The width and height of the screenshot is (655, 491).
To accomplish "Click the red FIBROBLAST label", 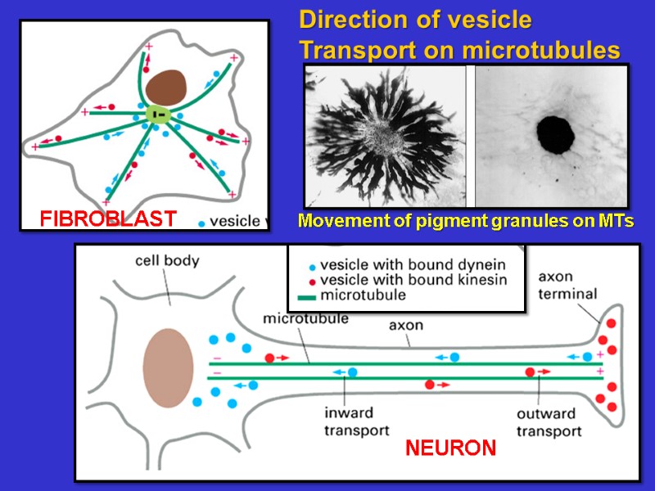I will coord(108,218).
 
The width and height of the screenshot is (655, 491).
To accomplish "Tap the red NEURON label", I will coord(450,448).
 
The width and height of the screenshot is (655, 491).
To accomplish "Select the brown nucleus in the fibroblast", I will coord(166,86).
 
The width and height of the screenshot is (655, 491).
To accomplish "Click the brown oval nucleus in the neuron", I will coord(169,367).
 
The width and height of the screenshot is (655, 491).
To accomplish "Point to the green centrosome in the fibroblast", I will coord(157,115).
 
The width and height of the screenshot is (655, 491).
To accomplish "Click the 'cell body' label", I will coord(167,262).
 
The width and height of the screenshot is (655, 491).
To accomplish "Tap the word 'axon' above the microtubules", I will coord(405,326).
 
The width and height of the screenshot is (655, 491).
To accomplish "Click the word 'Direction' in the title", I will coord(351,19).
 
